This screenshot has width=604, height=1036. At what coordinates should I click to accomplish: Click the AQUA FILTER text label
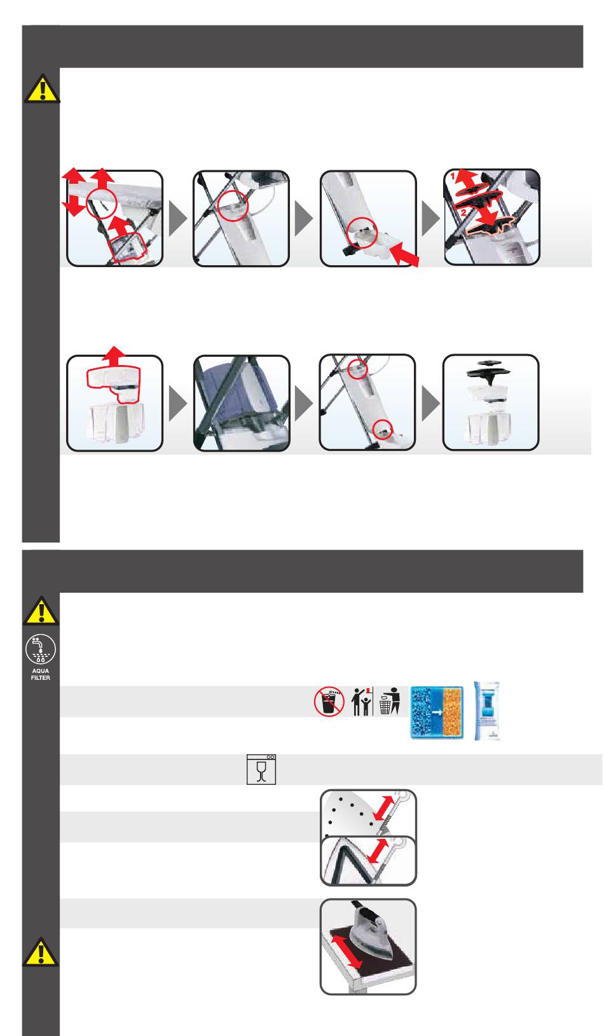pos(41,674)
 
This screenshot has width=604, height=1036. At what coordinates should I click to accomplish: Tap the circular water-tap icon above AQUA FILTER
pos(41,649)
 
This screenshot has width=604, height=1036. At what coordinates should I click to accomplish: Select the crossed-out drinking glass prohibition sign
pos(329,701)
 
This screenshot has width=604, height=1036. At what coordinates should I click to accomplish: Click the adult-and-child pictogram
pos(361,701)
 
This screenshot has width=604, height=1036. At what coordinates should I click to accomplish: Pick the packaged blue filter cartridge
pos(487,711)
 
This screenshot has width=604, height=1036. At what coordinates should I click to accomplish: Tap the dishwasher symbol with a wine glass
pos(261,770)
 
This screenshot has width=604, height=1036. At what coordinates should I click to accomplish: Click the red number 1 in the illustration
pos(454,176)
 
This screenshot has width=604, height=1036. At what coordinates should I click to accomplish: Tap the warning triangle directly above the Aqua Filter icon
pos(41,611)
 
